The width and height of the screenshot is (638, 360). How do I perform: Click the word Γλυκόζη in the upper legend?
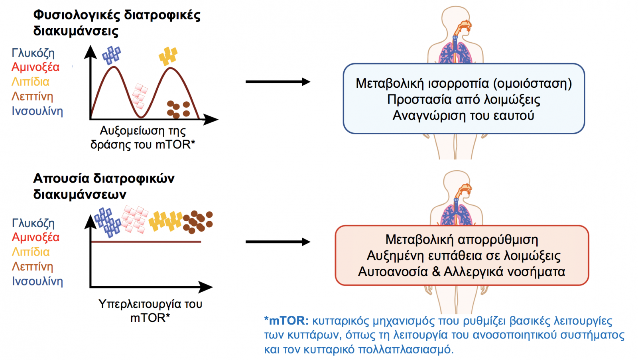pyautogui.click(x=33, y=53)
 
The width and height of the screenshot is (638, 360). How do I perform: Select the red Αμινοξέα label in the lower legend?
pyautogui.click(x=35, y=237)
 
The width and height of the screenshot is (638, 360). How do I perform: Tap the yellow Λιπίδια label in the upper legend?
pyautogui.click(x=30, y=82)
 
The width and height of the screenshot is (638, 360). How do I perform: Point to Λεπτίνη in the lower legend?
pyautogui.click(x=32, y=267)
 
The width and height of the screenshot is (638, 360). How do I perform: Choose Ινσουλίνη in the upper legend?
pyautogui.click(x=37, y=111)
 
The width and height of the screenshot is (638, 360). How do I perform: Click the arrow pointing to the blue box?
pyautogui.click(x=278, y=82)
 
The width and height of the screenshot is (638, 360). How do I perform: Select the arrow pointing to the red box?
pyautogui.click(x=278, y=242)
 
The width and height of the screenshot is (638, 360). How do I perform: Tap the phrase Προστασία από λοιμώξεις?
pyautogui.click(x=463, y=100)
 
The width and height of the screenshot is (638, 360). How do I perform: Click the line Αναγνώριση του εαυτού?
pyautogui.click(x=463, y=116)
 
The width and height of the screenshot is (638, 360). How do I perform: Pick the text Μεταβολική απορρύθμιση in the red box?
pyautogui.click(x=462, y=240)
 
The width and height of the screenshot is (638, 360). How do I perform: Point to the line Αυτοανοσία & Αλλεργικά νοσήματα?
pyautogui.click(x=461, y=272)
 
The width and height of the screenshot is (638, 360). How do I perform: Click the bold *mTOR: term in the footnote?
pyautogui.click(x=286, y=321)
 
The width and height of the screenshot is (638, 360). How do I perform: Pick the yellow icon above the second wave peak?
pyautogui.click(x=168, y=56)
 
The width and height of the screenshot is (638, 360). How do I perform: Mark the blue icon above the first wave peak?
pyautogui.click(x=111, y=55)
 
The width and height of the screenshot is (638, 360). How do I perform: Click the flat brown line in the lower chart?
pyautogui.click(x=146, y=242)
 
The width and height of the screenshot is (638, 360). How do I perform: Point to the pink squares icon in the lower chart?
pyautogui.click(x=135, y=219)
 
